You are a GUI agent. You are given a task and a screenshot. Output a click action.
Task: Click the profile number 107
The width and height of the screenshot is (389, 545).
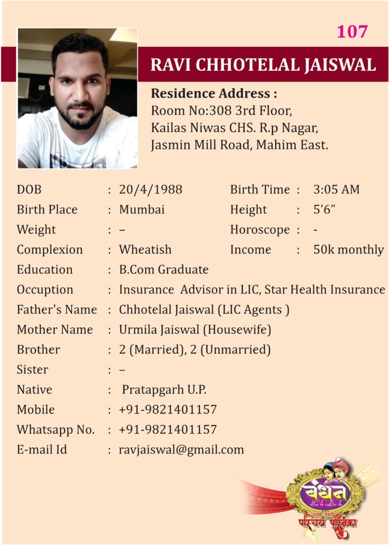click(352, 32)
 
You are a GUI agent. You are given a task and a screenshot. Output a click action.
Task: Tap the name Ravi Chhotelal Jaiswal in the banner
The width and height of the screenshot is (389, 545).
click(263, 64)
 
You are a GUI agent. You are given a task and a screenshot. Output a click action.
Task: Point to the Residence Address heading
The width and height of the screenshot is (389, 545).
click(214, 94)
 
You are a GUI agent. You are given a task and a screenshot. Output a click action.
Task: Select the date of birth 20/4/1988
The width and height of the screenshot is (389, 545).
click(150, 189)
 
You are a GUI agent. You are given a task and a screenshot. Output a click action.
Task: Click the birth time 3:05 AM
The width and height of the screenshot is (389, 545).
click(336, 189)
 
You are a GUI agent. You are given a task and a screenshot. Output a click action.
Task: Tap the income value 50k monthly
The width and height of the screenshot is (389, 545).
click(349, 250)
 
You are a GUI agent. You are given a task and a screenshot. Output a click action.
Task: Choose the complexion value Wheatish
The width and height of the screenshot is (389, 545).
click(145, 250)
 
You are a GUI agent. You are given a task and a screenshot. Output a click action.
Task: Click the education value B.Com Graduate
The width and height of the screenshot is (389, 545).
click(163, 270)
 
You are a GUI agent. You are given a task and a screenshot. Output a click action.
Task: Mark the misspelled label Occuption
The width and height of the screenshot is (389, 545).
click(45, 290)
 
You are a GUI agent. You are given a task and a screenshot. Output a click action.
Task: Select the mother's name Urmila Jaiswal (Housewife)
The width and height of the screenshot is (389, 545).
click(195, 330)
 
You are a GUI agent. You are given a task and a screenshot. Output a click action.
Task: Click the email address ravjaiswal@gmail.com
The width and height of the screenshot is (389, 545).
click(181, 450)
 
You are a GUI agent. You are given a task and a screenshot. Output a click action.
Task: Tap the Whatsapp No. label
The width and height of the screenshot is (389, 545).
click(56, 430)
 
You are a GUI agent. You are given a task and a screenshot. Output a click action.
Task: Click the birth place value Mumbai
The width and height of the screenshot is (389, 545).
click(142, 210)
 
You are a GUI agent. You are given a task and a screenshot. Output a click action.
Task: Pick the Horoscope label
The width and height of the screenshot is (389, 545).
click(260, 230)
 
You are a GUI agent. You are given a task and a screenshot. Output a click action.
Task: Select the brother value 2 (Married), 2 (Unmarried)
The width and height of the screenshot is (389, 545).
click(195, 350)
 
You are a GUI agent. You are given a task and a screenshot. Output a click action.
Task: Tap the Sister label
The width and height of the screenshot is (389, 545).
click(32, 369)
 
